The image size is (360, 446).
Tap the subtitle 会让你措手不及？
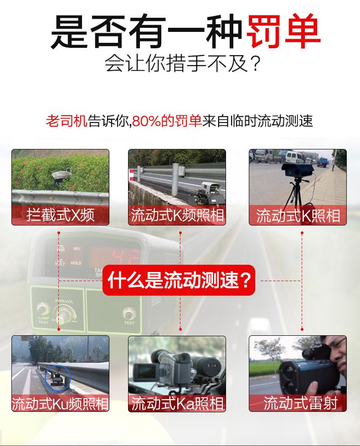click(182, 63)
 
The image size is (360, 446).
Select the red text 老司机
click(67, 121)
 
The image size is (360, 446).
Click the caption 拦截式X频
click(60, 215)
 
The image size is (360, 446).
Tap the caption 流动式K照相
click(298, 216)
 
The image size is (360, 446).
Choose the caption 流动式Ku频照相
click(60, 403)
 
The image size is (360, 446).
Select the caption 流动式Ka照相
click(177, 403)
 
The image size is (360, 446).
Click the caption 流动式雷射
click(300, 403)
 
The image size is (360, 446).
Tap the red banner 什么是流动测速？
click(179, 280)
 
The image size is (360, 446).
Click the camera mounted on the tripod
click(298, 170)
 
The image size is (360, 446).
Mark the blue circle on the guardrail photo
click(57, 378)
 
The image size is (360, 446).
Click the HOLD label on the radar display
click(76, 263)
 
